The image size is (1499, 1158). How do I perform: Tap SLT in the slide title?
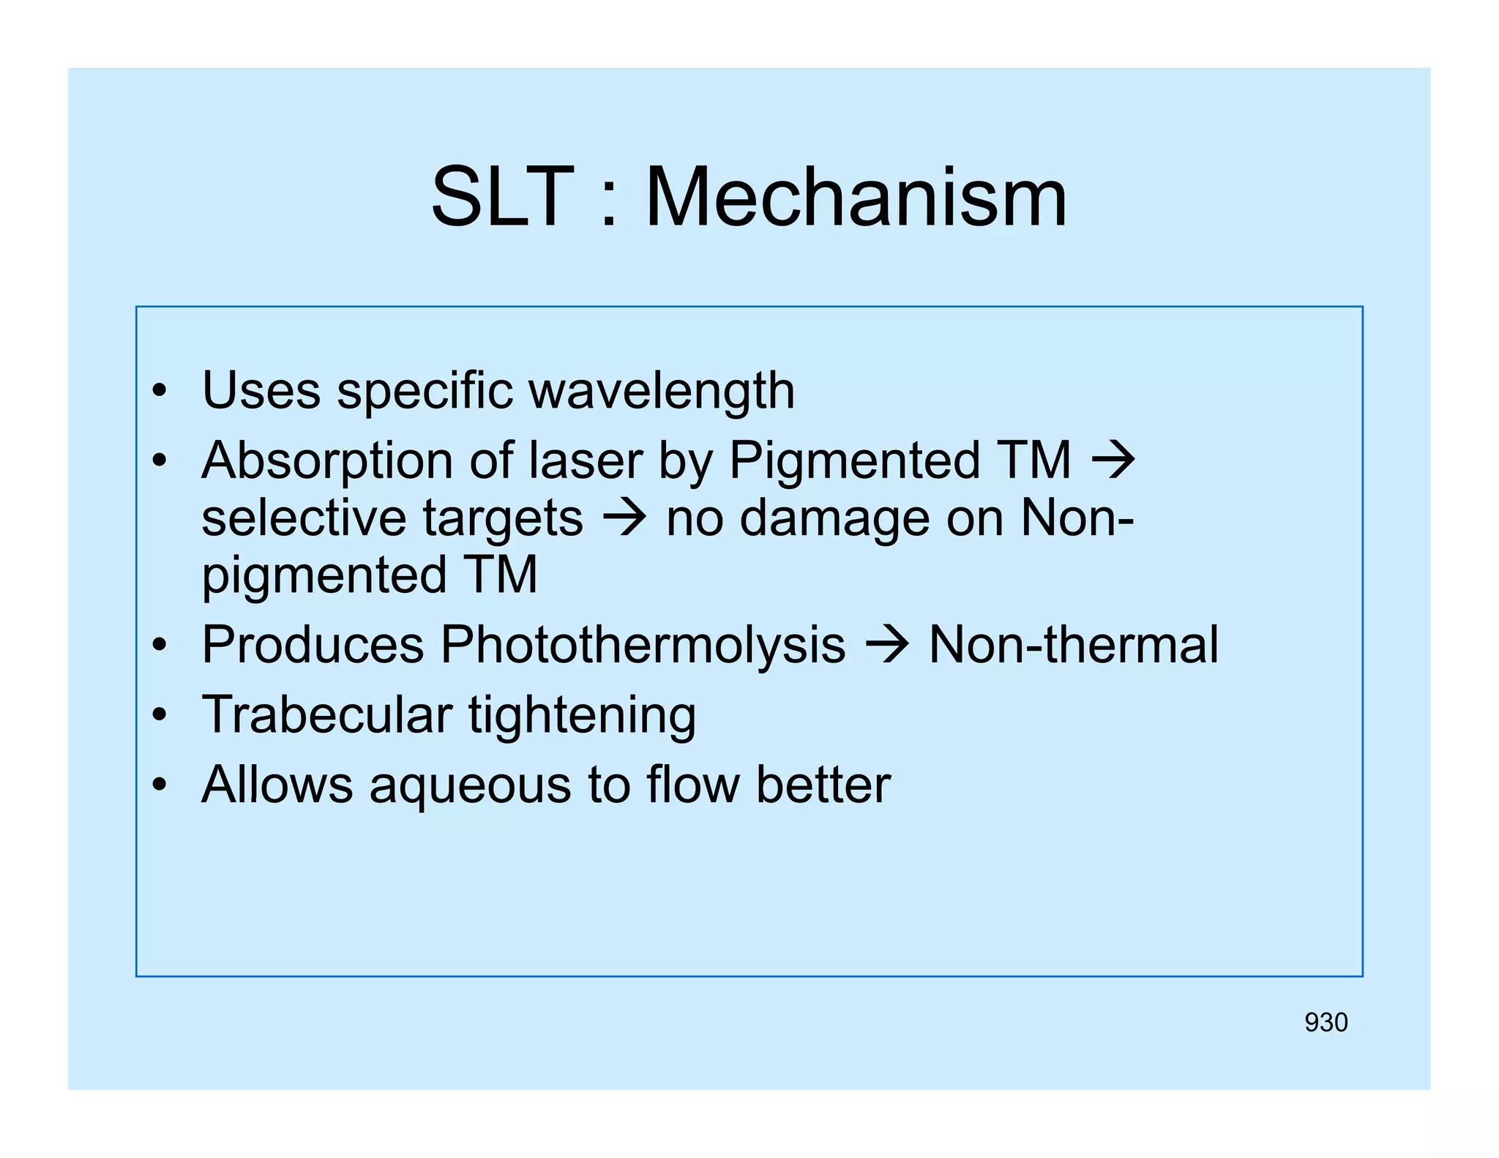tap(502, 198)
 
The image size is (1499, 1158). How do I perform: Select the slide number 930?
tap(1326, 1023)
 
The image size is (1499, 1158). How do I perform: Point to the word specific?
tap(425, 392)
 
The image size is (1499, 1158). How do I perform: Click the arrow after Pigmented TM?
tap(1113, 461)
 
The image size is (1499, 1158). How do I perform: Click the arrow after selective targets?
tap(624, 518)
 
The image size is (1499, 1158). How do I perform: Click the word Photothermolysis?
tap(642, 646)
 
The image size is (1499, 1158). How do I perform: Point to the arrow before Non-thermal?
tap(886, 646)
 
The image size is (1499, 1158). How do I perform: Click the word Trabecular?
tap(326, 714)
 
